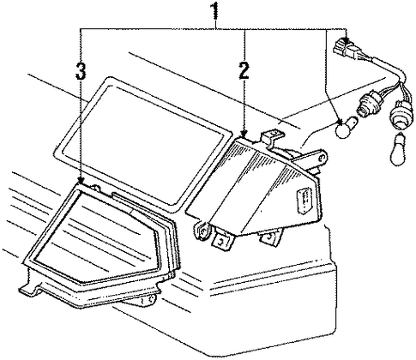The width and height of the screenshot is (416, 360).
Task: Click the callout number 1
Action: pos(214,10)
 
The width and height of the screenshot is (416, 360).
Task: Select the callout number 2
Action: pos(244,70)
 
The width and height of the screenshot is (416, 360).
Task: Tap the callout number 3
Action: pos(81,71)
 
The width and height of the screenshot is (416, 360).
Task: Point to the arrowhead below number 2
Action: pos(244,133)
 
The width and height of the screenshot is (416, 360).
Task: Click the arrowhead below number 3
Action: pos(81,181)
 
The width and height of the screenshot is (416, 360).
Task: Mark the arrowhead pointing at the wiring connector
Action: pos(347,41)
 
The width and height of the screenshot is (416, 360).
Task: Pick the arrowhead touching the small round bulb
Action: pos(340,122)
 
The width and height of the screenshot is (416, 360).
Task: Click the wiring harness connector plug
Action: pos(348,50)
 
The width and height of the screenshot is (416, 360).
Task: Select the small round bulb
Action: pos(346,128)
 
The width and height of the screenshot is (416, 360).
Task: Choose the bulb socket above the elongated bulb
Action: pos(401,115)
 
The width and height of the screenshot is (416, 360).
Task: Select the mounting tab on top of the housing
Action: pos(272,138)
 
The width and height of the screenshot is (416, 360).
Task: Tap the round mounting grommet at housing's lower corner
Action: pos(202,230)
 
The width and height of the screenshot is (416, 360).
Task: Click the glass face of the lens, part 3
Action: pos(96,237)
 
